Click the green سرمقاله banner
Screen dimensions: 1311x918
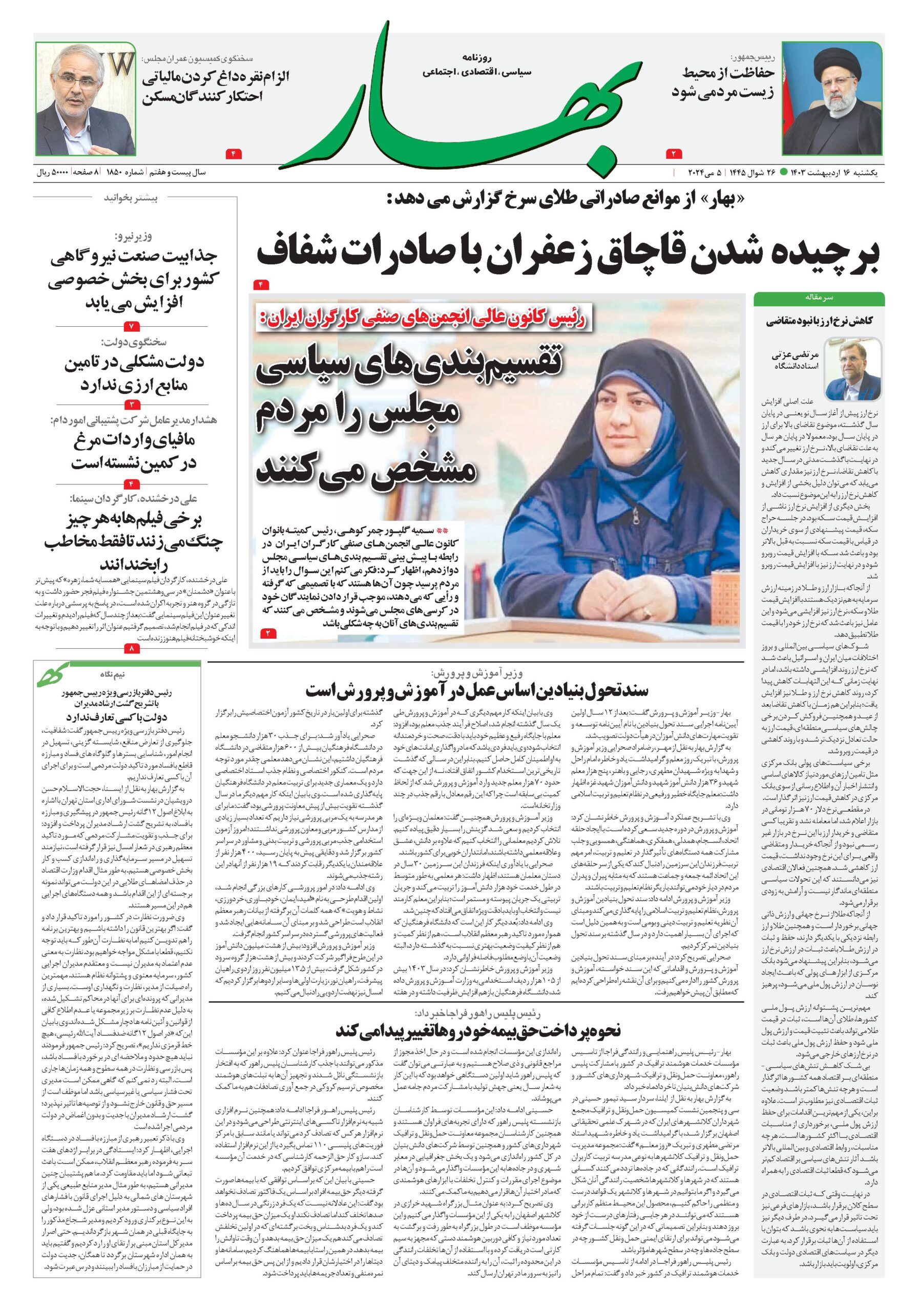pos(819,298)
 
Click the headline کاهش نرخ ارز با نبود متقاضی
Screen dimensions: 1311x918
pos(819,321)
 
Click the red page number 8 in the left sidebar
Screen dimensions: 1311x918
pos(130,649)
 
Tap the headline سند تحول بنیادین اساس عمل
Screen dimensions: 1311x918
pos(477,690)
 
